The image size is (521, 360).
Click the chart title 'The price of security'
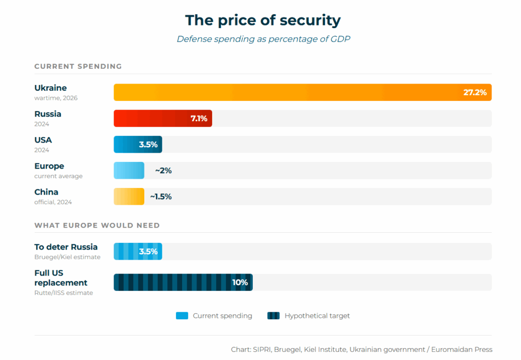[x=263, y=20]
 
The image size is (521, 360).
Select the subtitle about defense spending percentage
[x=263, y=39]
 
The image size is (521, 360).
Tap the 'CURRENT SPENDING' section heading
[x=78, y=66]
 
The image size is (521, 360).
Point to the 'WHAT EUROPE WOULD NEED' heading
[x=97, y=225]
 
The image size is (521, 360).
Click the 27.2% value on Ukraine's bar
[x=475, y=93]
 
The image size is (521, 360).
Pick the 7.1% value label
[x=198, y=119]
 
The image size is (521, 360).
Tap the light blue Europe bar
[x=129, y=171]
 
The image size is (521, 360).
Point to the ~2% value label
[x=163, y=171]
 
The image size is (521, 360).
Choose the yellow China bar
[x=129, y=197]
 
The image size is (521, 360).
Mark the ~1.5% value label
[x=161, y=197]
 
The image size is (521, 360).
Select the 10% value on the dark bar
[x=240, y=283]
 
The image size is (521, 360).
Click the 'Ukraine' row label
[x=50, y=88]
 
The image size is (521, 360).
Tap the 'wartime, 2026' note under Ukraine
[x=56, y=98]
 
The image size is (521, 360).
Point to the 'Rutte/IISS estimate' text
[x=64, y=293]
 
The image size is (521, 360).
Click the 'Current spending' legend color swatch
[x=182, y=316]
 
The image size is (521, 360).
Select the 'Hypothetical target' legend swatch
[x=273, y=316]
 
